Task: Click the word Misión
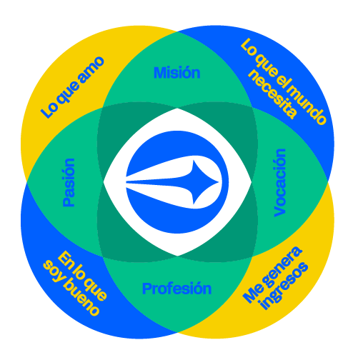[x=177, y=72]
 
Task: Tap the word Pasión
[x=69, y=182]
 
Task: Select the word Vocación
[x=280, y=183]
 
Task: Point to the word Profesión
[x=176, y=289]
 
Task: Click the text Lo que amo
[x=73, y=87]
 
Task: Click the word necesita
[x=273, y=94]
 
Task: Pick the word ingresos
[x=284, y=286]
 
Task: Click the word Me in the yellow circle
[x=253, y=295]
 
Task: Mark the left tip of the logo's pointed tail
[x=126, y=182]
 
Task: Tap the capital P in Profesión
[x=146, y=289]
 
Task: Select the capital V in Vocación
[x=280, y=211]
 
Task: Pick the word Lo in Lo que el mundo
[x=249, y=48]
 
